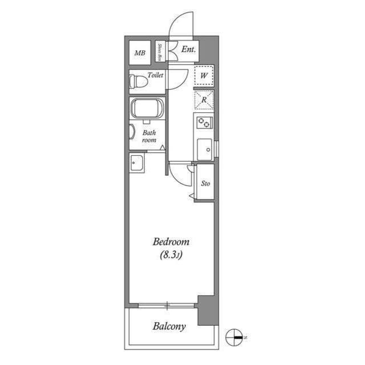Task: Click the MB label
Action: point(139,54)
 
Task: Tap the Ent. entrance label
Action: point(189,50)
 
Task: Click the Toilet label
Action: point(155,75)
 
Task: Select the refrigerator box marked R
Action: point(204,100)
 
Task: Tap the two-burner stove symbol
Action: point(204,122)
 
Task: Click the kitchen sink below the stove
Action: point(203,149)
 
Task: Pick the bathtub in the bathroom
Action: point(148,108)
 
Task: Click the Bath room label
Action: point(149,136)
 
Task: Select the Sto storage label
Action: point(206,184)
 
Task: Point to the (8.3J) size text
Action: point(171,255)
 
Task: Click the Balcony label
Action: point(169,327)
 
